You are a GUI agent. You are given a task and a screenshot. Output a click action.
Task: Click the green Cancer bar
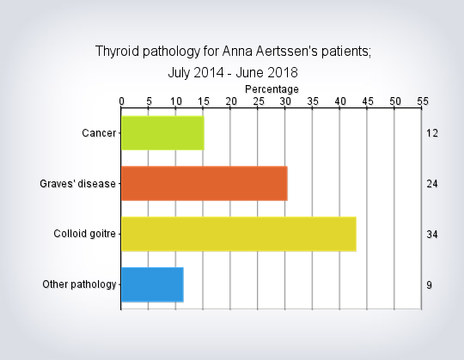162,133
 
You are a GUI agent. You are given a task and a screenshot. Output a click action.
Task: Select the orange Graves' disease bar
205,183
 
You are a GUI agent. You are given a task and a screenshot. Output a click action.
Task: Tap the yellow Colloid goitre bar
239,234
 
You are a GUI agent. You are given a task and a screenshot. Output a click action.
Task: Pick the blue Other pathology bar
152,284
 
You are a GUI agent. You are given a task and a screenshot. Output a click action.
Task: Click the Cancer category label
99,133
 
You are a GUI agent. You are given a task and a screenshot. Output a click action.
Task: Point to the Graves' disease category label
77,184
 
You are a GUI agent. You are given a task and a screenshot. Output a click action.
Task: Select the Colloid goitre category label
84,234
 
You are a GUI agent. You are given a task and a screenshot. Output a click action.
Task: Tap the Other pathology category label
79,284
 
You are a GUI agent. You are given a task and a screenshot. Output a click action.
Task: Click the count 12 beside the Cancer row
432,133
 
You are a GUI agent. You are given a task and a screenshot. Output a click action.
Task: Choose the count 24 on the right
432,184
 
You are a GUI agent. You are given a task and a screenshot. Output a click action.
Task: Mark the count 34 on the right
432,235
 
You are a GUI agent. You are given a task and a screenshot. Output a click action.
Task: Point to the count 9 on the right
430,285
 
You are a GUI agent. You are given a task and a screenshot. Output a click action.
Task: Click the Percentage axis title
272,89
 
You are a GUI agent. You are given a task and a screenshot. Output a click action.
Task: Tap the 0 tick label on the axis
122,101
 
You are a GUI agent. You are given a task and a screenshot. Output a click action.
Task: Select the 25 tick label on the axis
259,101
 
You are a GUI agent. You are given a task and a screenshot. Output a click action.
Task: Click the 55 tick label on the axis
423,101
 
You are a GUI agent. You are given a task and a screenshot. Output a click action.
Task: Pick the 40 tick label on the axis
340,101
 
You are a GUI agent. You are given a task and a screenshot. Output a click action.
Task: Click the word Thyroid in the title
117,52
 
